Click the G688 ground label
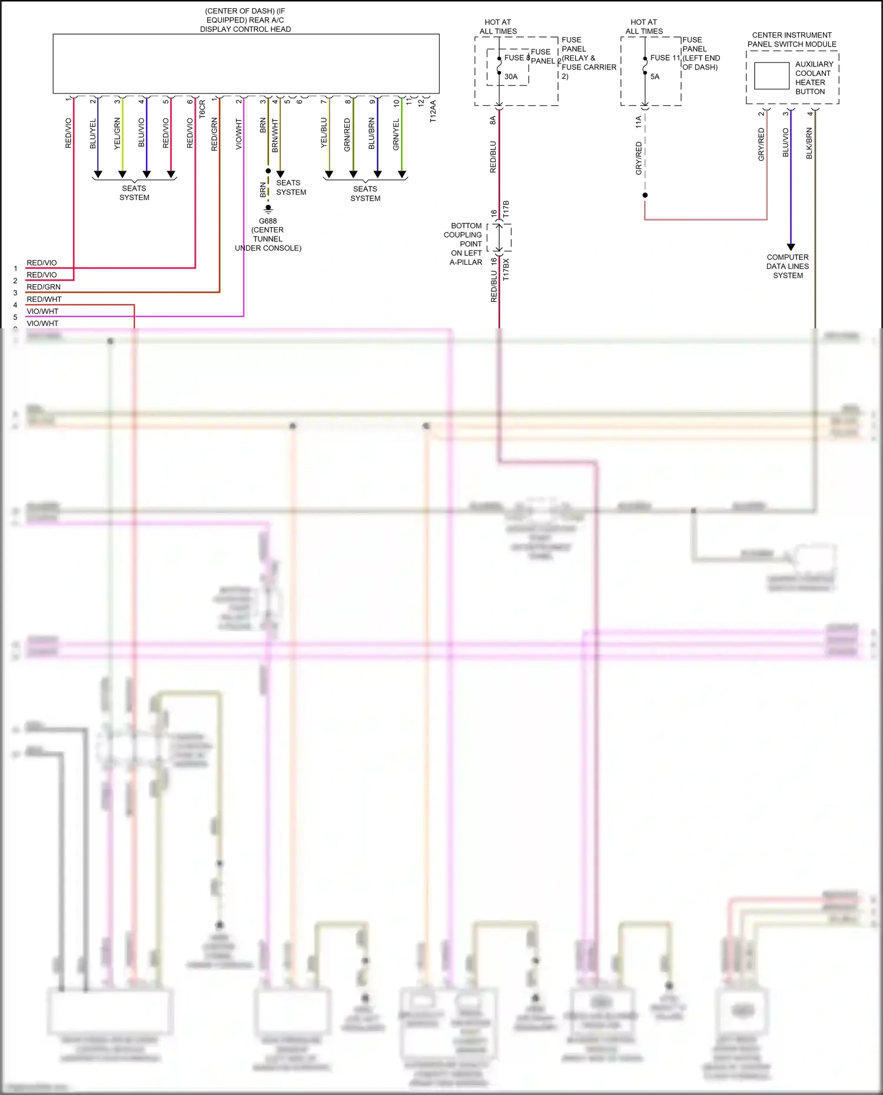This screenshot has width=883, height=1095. [268, 221]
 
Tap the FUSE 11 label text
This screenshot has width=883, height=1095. [665, 58]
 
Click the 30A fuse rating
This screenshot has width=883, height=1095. [511, 76]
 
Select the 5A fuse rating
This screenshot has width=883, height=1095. [655, 76]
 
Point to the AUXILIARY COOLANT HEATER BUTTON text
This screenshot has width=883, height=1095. [814, 78]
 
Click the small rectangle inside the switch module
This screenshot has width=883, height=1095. [771, 76]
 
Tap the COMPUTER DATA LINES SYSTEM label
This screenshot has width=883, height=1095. [788, 266]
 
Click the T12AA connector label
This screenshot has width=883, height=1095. [433, 111]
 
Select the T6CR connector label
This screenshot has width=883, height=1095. [203, 109]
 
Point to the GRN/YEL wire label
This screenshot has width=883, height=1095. [396, 134]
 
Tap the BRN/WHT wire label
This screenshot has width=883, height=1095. [275, 135]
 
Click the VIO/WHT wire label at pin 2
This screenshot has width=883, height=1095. [239, 134]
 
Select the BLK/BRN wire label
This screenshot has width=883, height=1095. [809, 143]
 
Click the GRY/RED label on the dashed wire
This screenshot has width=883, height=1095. [639, 158]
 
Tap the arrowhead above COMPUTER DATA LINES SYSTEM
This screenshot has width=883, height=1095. [791, 247]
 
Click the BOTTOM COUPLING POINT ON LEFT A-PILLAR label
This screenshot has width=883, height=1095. [466, 244]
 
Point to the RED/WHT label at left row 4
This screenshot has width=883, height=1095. [44, 299]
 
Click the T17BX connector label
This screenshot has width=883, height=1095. [506, 269]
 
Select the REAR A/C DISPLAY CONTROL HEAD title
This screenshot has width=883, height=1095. [245, 20]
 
